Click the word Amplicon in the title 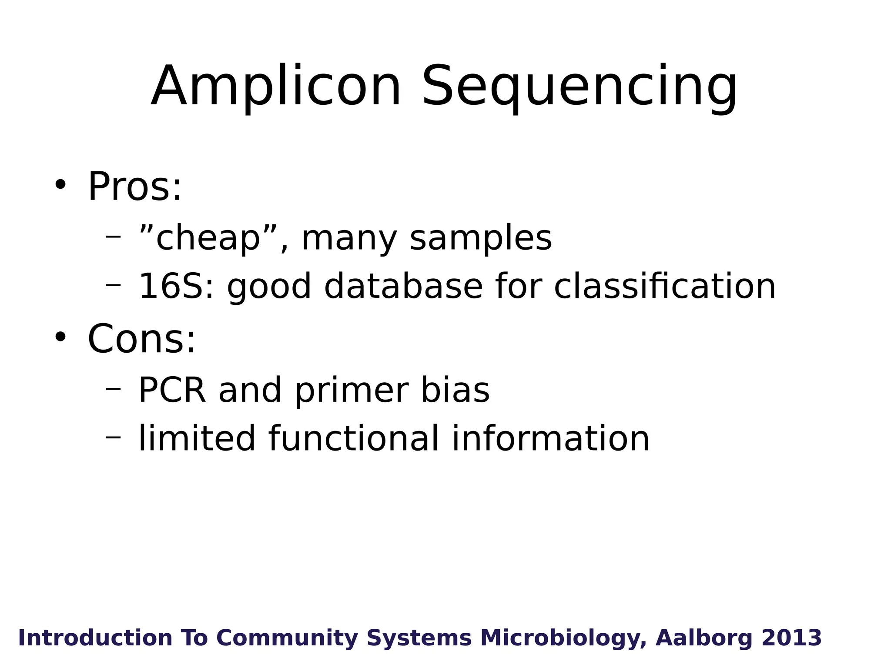(x=275, y=87)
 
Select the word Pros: (x=134, y=187)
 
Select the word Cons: (x=142, y=339)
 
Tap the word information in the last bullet (x=551, y=438)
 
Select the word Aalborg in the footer (x=703, y=638)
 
